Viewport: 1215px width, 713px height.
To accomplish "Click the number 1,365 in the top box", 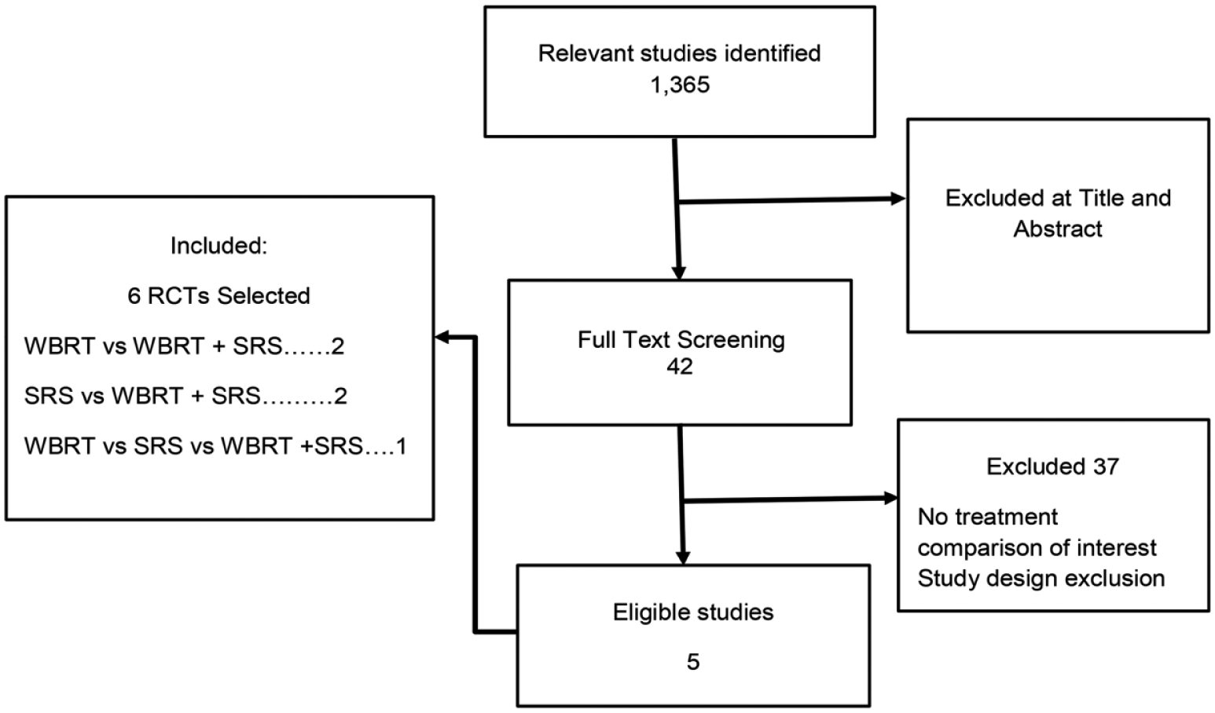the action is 680,85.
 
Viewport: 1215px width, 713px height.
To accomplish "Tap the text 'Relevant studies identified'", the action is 679,53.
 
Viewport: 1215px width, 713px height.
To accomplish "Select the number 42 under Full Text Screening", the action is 680,367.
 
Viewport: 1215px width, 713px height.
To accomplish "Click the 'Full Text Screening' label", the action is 681,340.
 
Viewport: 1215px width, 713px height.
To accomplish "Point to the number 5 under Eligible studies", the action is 693,662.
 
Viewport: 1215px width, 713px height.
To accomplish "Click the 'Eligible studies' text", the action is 693,612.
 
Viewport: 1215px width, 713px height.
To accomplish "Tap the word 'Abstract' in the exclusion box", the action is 1058,229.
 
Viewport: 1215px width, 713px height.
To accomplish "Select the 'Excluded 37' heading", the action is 1052,466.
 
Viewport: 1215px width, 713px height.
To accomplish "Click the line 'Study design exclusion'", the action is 1041,578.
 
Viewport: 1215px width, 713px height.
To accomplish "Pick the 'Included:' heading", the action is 219,246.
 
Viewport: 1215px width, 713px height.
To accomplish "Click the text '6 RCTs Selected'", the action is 218,296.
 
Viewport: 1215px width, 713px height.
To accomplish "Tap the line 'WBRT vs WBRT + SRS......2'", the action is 185,346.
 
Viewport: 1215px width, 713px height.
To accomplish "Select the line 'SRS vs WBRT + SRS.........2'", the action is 185,396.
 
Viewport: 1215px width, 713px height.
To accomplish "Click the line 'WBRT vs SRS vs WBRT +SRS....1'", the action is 215,447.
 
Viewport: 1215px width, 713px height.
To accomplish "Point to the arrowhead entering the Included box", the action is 442,338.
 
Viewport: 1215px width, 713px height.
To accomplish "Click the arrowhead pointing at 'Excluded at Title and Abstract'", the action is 898,199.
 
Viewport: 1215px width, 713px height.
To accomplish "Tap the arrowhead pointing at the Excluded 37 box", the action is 890,498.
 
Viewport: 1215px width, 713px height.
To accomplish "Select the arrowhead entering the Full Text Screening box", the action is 678,272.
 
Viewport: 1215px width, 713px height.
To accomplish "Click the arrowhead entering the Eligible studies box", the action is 683,558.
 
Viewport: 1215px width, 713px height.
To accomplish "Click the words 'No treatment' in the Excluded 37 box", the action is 988,517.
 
